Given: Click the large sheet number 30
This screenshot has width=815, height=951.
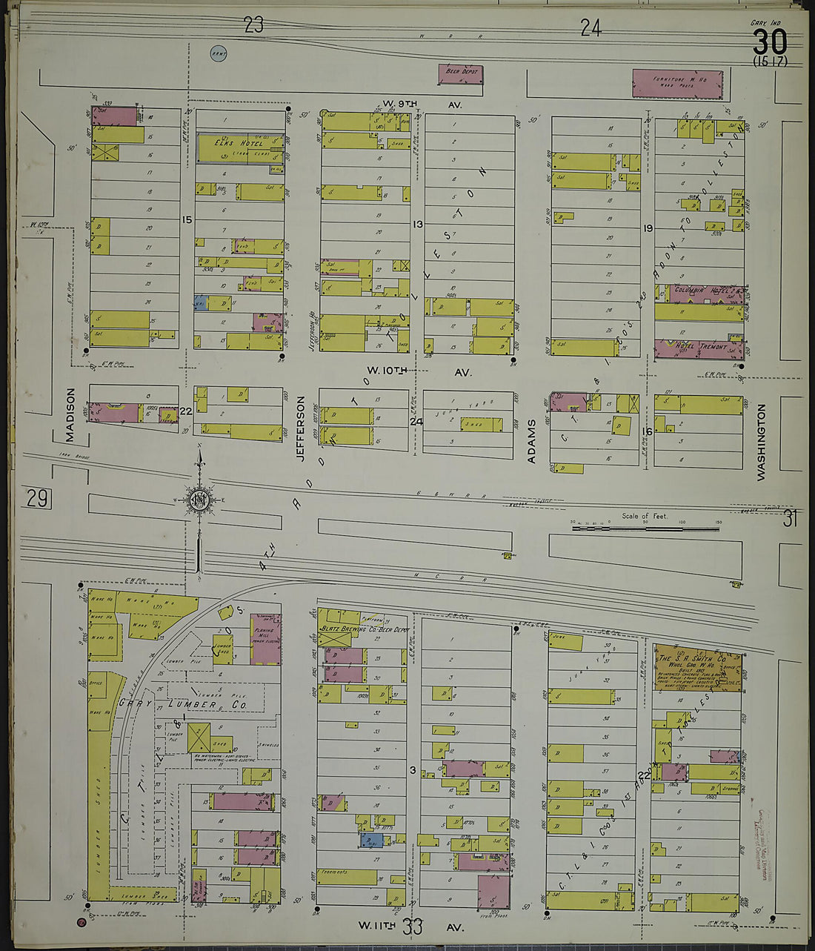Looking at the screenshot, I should [770, 42].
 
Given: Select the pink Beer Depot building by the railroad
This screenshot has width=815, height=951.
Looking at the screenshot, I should [462, 73].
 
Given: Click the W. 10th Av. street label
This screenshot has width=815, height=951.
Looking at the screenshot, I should [419, 371].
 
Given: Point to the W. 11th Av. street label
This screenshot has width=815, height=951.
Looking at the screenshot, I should [411, 926].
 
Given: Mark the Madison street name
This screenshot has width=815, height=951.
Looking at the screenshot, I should [72, 417].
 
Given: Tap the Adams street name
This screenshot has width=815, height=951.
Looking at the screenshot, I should [531, 441].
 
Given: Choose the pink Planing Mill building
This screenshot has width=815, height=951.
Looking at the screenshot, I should [265, 639].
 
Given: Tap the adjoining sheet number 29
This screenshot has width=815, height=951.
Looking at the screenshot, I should [38, 497].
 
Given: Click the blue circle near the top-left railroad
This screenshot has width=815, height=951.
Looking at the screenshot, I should [219, 53].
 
